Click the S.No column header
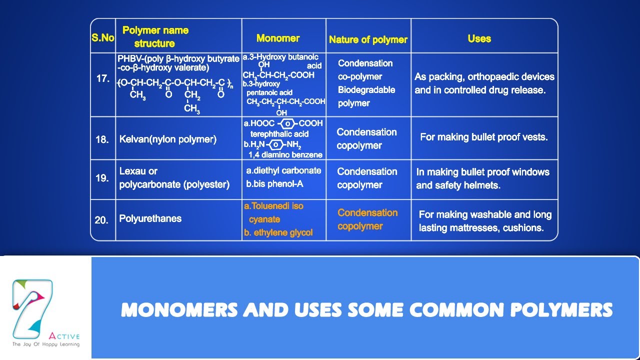[x=103, y=37]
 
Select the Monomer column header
[x=277, y=38]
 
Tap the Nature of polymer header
[x=368, y=39]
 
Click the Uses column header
[x=479, y=38]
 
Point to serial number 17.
[x=102, y=79]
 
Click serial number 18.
[x=102, y=139]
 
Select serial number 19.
[x=102, y=178]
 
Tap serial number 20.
[x=101, y=220]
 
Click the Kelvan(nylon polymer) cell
[x=167, y=139]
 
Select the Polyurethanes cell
[x=150, y=218]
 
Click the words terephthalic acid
[x=279, y=134]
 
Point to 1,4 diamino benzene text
[x=285, y=155]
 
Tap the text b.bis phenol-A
[x=274, y=183]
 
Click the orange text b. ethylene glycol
[x=278, y=232]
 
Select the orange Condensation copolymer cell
[x=367, y=219]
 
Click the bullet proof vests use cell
[x=483, y=137]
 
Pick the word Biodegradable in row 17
[x=366, y=90]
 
